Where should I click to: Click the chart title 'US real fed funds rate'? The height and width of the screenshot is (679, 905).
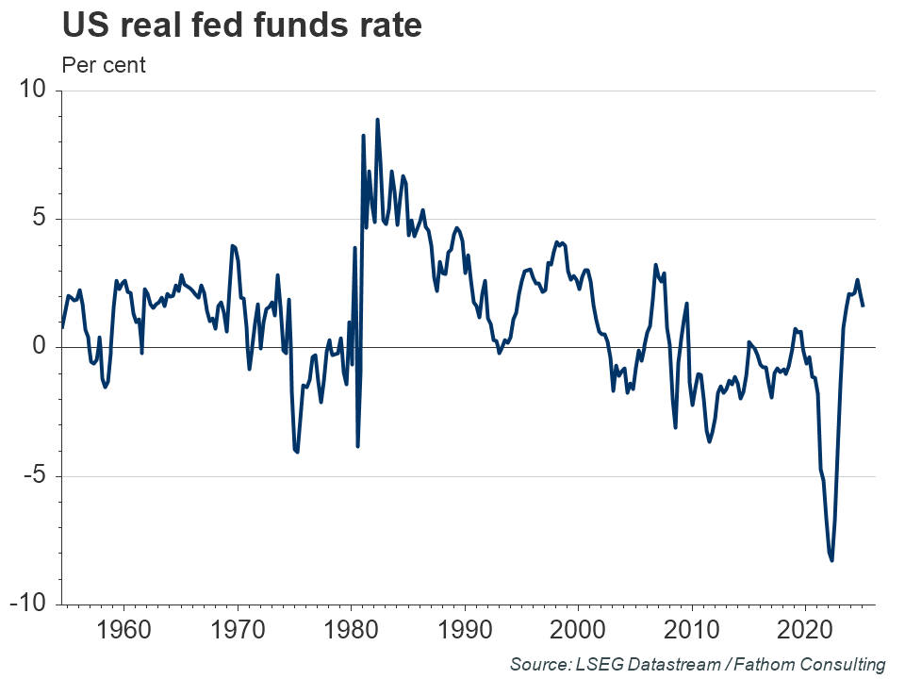241,25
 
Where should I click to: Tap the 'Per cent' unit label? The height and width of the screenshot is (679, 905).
104,66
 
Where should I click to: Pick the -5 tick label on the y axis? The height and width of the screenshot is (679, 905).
35,475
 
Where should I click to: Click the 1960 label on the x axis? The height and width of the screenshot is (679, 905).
124,629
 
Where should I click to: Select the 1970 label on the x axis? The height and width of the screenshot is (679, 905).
238,629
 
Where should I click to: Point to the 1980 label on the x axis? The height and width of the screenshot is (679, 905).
351,629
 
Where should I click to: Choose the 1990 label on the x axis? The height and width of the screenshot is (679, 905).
465,629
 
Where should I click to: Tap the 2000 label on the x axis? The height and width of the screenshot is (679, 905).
578,629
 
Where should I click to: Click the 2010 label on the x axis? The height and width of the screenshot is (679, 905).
692,629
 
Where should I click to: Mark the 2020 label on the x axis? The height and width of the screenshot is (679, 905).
805,629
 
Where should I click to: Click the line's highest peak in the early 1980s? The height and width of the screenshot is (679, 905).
377,120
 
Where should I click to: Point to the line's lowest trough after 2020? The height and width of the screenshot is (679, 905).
831,560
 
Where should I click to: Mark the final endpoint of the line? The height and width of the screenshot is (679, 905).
863,305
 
